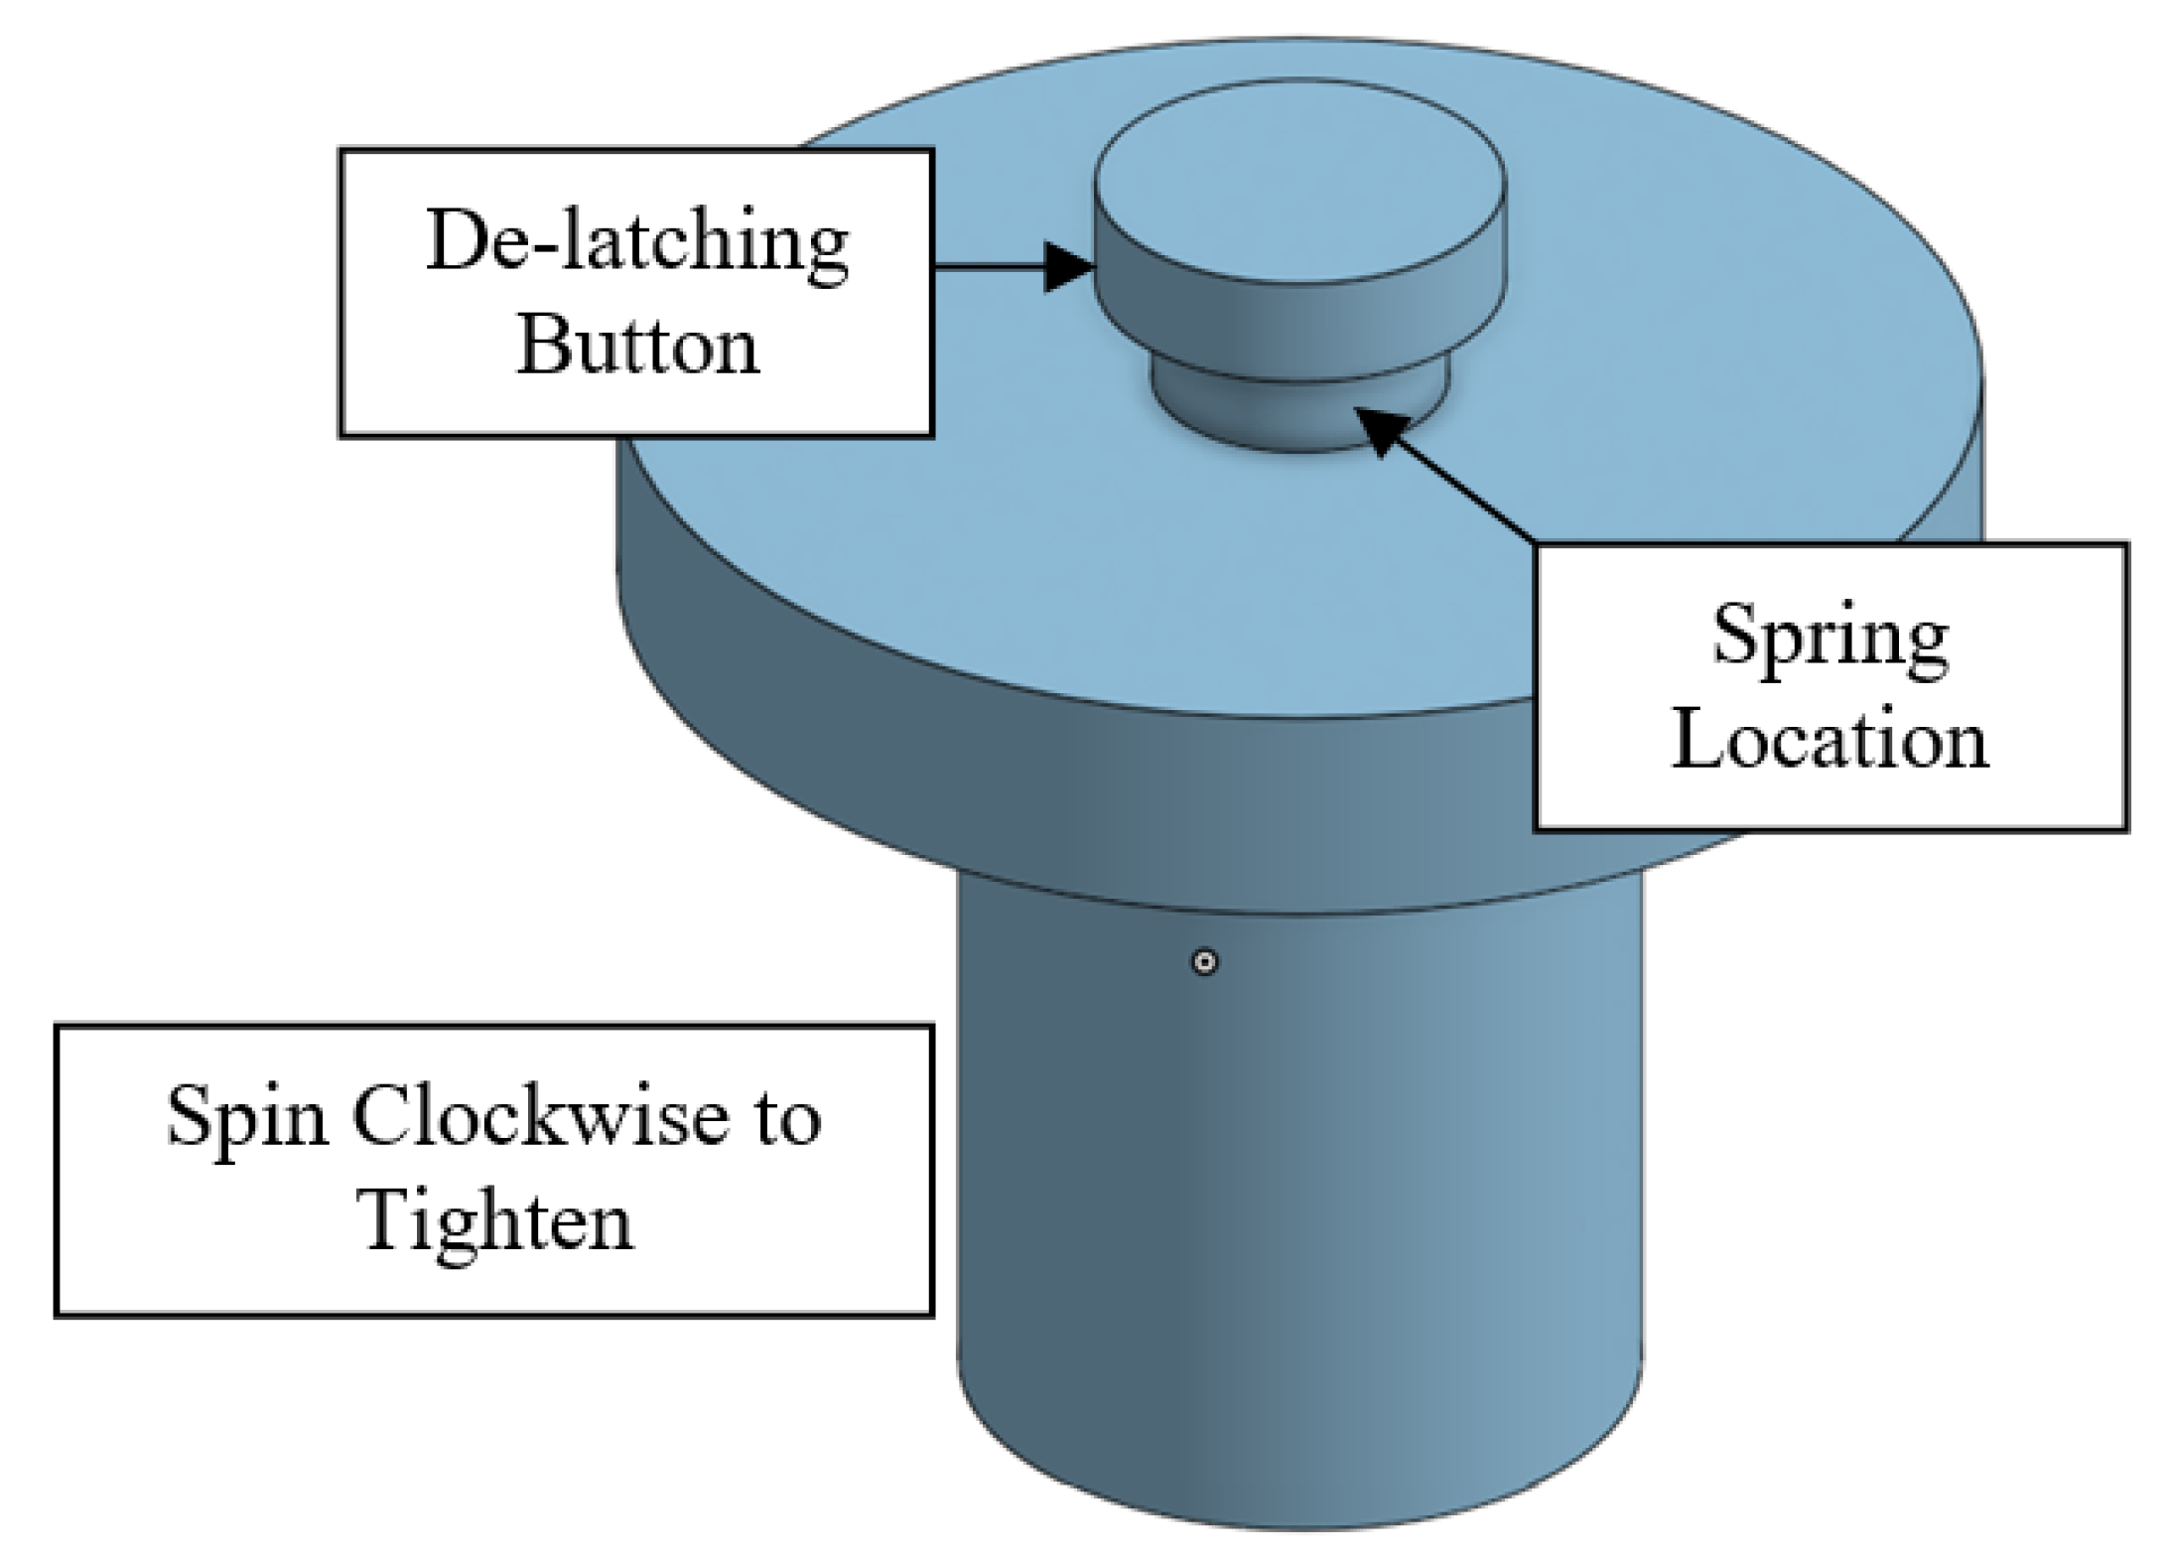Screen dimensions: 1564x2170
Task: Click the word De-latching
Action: (x=636, y=241)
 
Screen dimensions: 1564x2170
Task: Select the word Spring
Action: (x=1830, y=638)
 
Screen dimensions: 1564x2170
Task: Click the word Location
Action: (x=1830, y=740)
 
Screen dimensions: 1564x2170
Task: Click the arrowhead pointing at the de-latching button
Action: (x=1069, y=267)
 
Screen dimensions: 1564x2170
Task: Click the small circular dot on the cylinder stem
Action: (x=1204, y=961)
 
